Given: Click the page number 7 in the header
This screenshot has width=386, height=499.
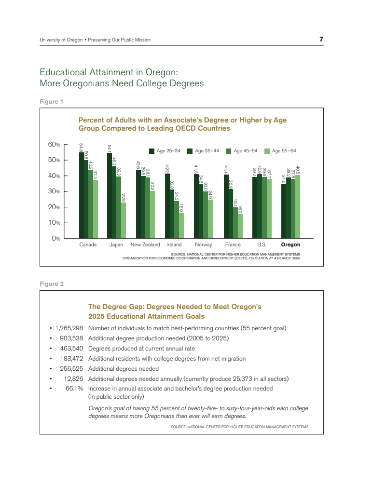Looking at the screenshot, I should (321, 39).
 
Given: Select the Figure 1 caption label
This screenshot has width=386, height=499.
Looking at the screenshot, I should (52, 102).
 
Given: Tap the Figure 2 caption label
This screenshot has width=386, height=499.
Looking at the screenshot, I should (52, 284).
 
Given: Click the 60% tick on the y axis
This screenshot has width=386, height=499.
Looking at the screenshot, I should (54, 145).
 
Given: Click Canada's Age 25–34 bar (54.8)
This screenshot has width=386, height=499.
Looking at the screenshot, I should (81, 195).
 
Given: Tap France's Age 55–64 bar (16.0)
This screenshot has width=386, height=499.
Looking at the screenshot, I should (240, 226).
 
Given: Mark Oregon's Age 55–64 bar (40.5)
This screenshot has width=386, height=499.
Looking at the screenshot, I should (298, 206).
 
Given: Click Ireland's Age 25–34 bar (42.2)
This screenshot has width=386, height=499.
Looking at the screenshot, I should (167, 205).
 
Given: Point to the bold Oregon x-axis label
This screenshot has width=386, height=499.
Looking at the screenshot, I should (290, 245).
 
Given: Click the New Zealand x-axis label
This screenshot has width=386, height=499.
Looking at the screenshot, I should (145, 245).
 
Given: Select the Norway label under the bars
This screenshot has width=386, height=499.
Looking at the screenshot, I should (203, 245).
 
